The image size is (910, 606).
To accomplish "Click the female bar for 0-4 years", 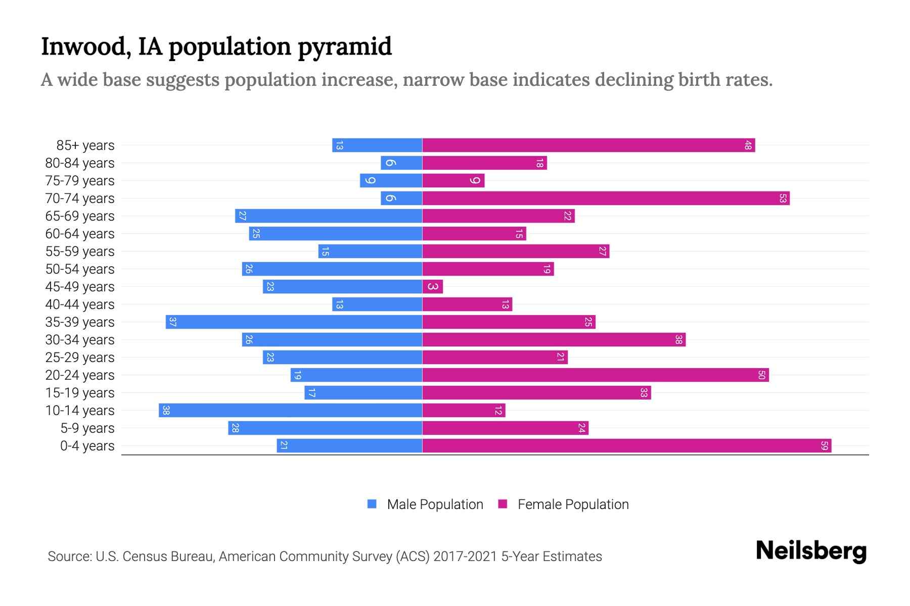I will (x=627, y=446).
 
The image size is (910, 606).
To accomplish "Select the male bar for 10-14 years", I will (x=290, y=411).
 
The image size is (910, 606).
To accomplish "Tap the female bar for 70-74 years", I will (x=606, y=198).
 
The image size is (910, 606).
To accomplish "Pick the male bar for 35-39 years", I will (x=294, y=322).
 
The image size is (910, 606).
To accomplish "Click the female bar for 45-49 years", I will (x=433, y=287).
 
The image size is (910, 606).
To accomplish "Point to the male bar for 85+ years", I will (x=377, y=145).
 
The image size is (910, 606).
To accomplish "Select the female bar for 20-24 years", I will (x=596, y=375).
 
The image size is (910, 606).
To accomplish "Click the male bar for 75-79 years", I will (x=391, y=181).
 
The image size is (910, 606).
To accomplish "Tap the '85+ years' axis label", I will (x=85, y=145).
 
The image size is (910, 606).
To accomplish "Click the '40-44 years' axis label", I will (x=80, y=305).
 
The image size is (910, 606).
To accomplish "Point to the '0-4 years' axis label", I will (x=87, y=446).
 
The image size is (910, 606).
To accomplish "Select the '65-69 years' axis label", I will (x=80, y=216).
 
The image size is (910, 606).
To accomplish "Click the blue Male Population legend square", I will (x=372, y=504).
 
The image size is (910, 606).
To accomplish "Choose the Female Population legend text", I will (x=573, y=504).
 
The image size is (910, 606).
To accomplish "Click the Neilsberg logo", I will (x=811, y=551).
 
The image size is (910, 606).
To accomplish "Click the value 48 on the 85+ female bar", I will (x=748, y=146).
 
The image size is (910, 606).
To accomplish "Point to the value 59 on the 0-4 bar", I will (x=824, y=446).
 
